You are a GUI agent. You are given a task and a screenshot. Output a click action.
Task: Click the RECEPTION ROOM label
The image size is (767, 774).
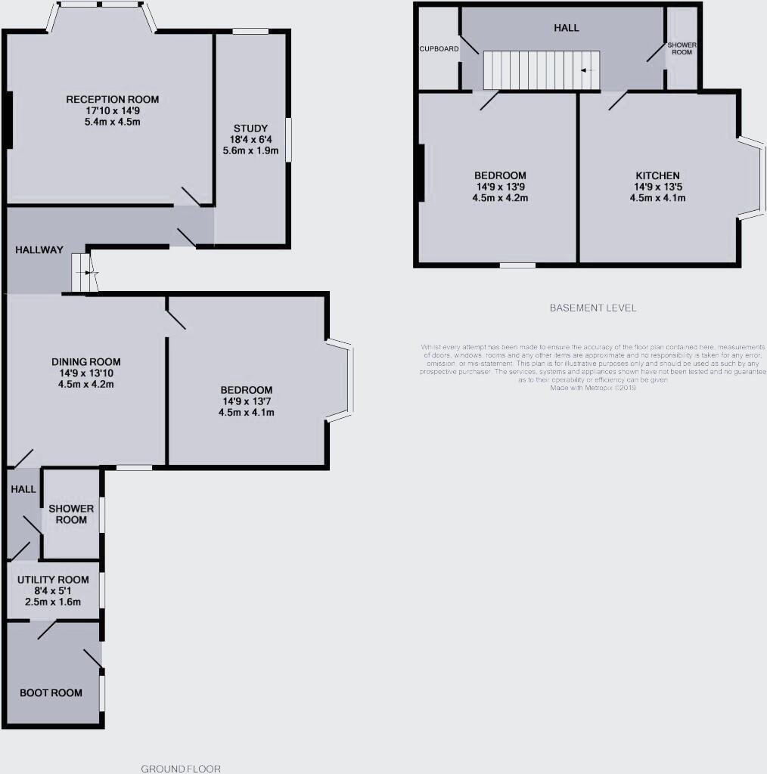click(112, 99)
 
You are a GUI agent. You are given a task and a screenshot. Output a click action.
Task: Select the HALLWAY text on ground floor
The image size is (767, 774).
click(39, 250)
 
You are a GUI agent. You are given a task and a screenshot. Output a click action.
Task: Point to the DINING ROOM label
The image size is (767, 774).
click(85, 361)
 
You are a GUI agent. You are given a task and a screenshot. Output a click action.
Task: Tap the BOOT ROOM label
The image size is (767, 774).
click(51, 692)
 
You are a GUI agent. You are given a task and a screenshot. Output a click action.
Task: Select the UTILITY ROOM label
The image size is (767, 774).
click(54, 580)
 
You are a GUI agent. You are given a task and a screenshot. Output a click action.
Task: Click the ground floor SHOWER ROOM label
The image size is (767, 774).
click(71, 514)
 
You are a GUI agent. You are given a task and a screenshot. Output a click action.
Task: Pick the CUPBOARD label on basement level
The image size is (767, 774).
click(439, 49)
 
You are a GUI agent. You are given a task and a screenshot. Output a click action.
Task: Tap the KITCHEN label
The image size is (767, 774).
click(657, 175)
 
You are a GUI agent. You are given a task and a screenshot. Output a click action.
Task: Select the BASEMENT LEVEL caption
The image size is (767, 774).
click(593, 308)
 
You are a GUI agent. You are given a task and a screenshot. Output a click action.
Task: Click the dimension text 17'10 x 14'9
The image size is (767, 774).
click(112, 110)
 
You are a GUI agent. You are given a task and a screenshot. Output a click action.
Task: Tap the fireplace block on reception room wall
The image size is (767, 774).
click(9, 119)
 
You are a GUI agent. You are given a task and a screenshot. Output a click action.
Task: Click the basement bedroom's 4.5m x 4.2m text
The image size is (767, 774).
click(501, 198)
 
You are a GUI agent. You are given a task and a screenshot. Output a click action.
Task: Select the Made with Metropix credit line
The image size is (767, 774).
click(594, 387)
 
